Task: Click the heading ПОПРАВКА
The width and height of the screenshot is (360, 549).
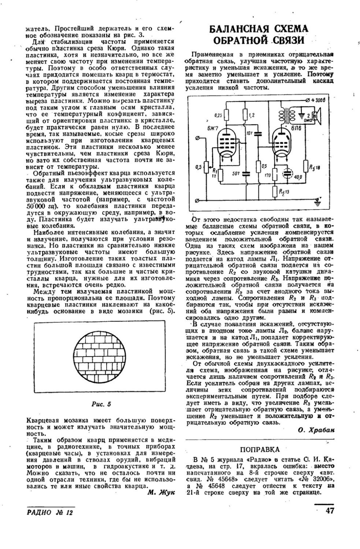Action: [x=260, y=449]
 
